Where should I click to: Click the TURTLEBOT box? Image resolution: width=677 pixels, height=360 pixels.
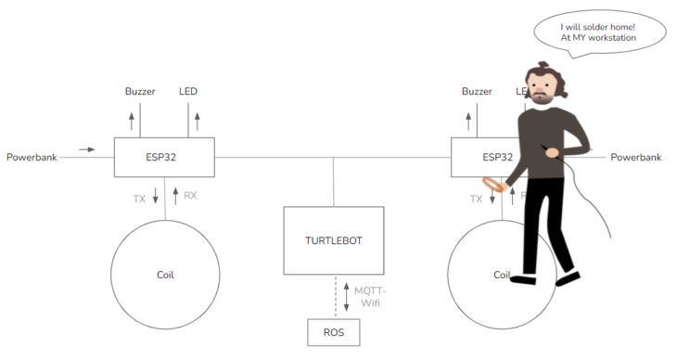pos(333,239)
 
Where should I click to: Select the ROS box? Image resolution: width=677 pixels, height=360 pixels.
pos(333,331)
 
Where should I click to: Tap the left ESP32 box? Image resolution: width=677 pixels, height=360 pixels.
pos(164,157)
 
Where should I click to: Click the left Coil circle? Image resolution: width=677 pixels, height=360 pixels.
pos(164,275)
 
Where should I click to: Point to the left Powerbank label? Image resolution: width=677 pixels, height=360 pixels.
pos(32,157)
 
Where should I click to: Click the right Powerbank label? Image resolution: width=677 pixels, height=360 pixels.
pos(635,157)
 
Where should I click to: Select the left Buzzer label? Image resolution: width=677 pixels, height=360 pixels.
pos(140,91)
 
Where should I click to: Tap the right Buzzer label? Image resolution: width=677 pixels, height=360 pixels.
pos(477,91)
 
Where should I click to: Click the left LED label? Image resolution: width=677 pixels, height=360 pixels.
pos(188,91)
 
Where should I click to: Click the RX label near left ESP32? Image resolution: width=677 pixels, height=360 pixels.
pos(190,196)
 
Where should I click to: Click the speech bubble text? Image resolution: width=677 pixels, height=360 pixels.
pos(598,32)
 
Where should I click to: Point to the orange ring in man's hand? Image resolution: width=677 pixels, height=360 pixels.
pos(493,186)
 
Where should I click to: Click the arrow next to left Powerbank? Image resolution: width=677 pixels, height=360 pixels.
pos(86,148)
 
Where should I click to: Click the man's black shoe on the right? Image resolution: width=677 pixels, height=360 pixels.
pos(566,275)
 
